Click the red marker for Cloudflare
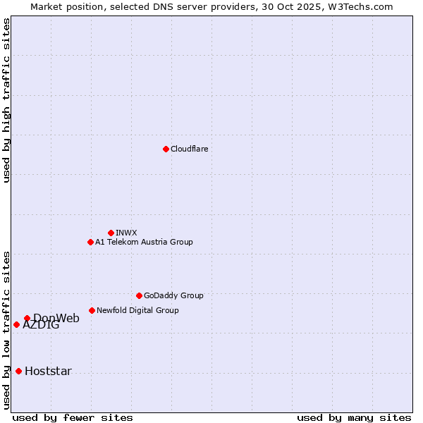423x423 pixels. (x=166, y=149)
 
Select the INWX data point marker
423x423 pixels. (x=111, y=233)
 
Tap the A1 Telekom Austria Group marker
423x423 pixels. (x=90, y=242)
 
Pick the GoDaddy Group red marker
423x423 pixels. (x=139, y=295)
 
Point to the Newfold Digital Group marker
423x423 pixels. (x=92, y=310)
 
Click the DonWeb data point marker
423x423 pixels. (x=27, y=318)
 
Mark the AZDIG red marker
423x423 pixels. (x=16, y=324)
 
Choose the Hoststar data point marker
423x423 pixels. (x=18, y=371)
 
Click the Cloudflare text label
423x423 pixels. (x=189, y=149)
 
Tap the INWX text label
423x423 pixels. (x=126, y=233)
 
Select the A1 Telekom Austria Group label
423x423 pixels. (x=144, y=242)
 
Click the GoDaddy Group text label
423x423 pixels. (x=173, y=295)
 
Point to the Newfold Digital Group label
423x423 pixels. (x=137, y=310)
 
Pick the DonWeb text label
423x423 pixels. (x=56, y=318)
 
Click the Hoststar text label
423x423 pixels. (x=48, y=371)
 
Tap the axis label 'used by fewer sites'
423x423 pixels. (x=73, y=417)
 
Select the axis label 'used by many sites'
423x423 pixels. (x=354, y=417)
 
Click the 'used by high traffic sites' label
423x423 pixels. (x=6, y=100)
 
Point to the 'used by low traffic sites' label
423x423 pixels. (x=6, y=329)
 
